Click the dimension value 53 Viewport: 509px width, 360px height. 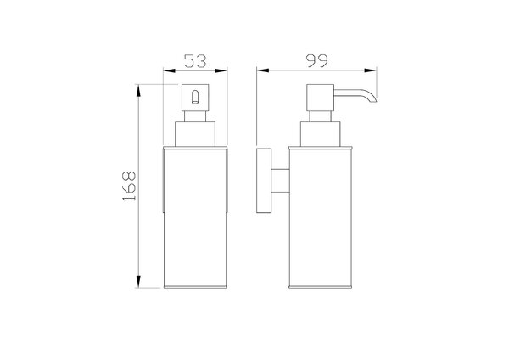[195, 61]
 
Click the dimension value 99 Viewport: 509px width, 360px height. [316, 60]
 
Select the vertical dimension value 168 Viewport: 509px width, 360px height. [129, 186]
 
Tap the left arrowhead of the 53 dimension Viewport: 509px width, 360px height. [169, 70]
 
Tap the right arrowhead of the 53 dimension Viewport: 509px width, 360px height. [221, 70]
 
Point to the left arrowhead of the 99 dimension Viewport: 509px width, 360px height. [263, 70]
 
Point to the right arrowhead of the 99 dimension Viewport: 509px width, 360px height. [371, 70]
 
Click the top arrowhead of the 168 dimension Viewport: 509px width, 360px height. [138, 91]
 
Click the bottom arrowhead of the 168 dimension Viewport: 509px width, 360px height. [138, 281]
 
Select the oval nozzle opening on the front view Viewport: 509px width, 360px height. [195, 97]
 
